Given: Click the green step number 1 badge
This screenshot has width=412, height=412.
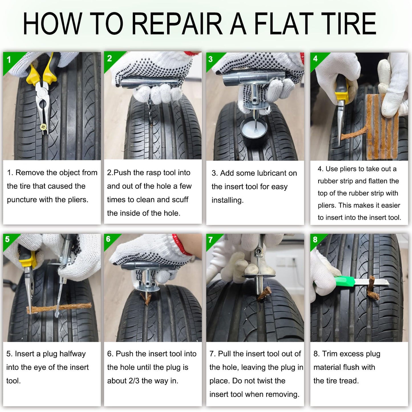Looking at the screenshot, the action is pos(11,61).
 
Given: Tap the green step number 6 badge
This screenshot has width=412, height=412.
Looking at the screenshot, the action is pos(110,240).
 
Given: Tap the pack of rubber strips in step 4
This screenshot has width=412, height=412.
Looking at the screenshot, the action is pos(383,127).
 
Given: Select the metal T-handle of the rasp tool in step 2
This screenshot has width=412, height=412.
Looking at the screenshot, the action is pos(150,82).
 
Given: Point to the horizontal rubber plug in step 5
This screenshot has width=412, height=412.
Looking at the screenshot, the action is pos(59,308).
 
